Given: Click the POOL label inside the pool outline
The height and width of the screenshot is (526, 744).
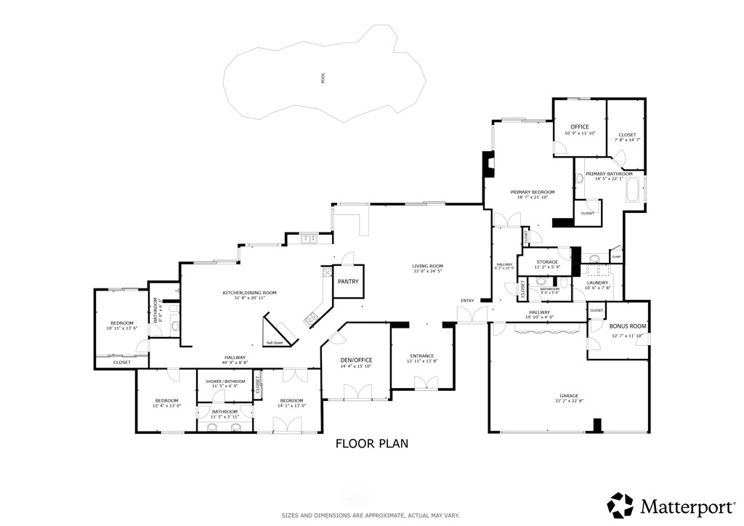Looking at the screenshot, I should (323, 78).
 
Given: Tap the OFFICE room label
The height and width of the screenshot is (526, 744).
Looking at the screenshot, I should (579, 127).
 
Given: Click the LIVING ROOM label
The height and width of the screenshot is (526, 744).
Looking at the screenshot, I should (427, 267).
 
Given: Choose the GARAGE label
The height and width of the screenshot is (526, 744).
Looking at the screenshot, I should (569, 395).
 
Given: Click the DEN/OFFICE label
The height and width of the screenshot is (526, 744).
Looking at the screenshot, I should (356, 360).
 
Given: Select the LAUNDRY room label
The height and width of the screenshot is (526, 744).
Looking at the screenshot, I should (597, 282).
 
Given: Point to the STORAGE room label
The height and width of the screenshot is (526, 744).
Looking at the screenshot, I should (547, 262).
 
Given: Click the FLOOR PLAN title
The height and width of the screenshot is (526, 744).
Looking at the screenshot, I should (371, 443).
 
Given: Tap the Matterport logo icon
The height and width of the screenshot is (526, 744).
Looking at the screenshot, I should (620, 504).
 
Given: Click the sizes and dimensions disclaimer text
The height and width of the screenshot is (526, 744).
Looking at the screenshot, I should (371, 515).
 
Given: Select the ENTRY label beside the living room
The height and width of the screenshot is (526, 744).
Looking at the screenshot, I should (466, 301).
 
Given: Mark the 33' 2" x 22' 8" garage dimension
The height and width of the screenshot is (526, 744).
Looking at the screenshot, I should (569, 401).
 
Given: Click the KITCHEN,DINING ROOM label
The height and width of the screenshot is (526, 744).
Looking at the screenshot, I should (249, 293).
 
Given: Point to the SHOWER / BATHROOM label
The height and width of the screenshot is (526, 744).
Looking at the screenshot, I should (225, 381).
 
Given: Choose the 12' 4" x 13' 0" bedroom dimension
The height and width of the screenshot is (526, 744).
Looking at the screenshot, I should (166, 406).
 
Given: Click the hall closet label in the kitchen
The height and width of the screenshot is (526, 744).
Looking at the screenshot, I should (275, 342).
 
